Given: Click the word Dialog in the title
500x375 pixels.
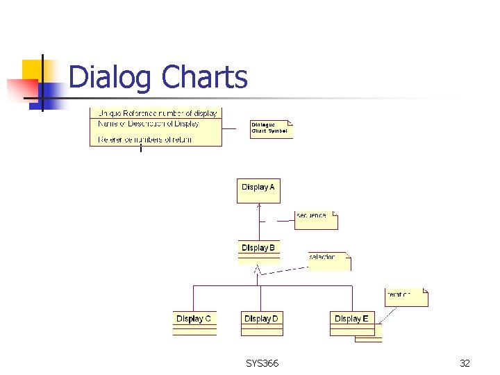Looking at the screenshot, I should [110, 77].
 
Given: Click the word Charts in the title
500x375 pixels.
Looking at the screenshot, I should [204, 76].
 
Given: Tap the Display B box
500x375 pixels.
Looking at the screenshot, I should [258, 251].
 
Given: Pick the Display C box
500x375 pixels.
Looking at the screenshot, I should [194, 322].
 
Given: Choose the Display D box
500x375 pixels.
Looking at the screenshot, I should [261, 322].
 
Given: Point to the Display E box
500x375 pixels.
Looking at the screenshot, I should [351, 322].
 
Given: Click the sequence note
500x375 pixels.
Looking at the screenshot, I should [315, 219].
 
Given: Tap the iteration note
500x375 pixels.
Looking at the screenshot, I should [406, 297].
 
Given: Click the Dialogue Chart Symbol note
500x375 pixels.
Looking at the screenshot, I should [270, 129].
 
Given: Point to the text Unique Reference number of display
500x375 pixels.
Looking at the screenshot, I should [158, 113].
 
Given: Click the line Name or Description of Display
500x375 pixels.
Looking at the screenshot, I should [149, 124].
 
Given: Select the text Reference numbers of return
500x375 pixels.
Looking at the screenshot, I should [145, 140].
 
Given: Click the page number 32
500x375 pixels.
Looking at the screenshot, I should [465, 362].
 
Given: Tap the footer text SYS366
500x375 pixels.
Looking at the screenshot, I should [262, 362].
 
